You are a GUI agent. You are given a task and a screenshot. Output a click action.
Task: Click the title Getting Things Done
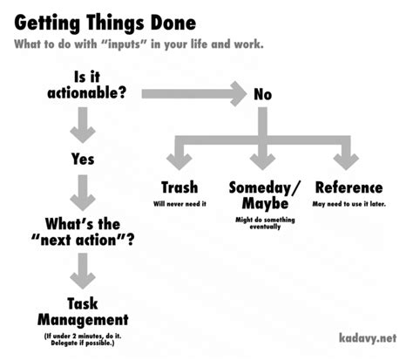105,21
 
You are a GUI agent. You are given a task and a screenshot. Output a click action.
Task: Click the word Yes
82,159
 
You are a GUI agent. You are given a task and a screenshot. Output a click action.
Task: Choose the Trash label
179,187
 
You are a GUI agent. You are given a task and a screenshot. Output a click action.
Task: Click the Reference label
349,187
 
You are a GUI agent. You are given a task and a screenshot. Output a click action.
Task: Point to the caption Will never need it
179,204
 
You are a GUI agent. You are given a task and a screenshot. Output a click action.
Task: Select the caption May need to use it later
349,204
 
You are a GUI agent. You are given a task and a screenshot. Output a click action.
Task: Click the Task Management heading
82,309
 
